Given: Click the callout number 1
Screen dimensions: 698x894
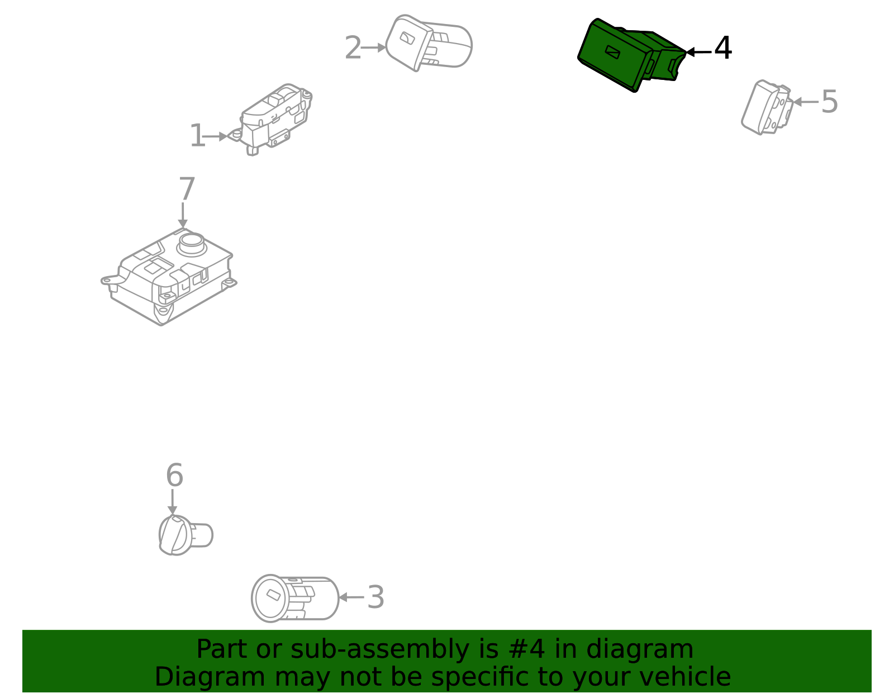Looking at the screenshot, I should tap(197, 136).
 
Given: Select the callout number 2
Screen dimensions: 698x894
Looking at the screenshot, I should tap(353, 48).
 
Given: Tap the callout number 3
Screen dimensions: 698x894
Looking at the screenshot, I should tap(375, 597).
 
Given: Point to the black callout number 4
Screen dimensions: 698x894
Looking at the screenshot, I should tap(722, 49).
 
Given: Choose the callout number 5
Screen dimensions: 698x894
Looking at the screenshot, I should tap(829, 102).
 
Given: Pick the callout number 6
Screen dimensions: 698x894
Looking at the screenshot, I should tap(174, 476).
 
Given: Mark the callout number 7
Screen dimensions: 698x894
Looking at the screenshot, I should tap(187, 189).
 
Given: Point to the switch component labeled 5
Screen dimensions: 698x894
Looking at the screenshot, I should tap(766, 107).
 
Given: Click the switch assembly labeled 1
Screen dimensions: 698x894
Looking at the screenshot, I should tap(274, 118).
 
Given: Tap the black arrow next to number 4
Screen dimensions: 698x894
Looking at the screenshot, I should tap(697, 52).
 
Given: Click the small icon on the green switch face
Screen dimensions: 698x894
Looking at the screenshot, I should tap(613, 52).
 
